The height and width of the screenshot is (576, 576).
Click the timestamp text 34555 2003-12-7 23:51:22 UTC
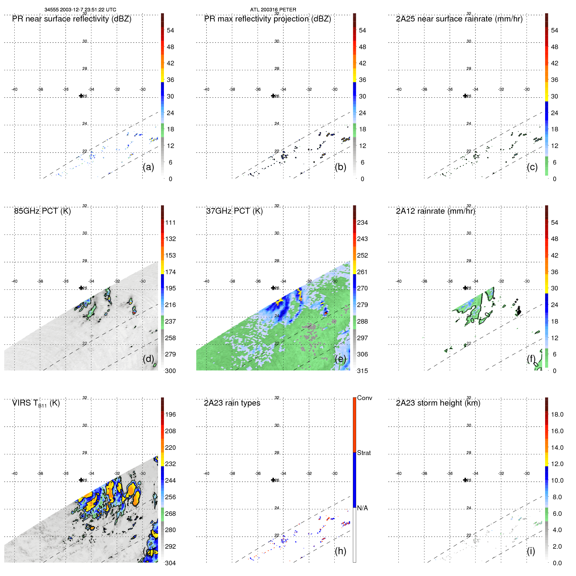click(80, 10)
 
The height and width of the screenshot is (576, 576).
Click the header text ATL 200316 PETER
click(273, 10)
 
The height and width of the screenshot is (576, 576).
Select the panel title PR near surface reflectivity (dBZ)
click(72, 19)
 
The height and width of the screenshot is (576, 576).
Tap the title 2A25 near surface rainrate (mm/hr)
click(459, 19)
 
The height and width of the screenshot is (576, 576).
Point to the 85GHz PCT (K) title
click(42, 211)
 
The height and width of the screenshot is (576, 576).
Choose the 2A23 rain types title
click(232, 403)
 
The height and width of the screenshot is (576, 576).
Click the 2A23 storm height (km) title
click(438, 403)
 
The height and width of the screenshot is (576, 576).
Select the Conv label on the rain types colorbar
click(365, 398)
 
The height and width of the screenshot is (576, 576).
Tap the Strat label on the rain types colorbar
click(364, 453)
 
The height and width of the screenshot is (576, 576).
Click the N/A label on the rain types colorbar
click(362, 508)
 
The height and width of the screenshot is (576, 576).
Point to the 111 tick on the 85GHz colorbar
click(170, 222)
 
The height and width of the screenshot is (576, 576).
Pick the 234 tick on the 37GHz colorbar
click(362, 222)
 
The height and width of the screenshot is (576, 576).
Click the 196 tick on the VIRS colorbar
click(170, 414)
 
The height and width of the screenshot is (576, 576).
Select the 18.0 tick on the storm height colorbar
click(557, 414)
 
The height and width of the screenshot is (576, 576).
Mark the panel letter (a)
click(148, 167)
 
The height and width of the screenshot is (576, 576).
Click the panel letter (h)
click(340, 551)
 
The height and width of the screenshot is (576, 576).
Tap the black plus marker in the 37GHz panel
click(273, 288)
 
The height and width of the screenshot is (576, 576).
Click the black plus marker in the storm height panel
click(465, 480)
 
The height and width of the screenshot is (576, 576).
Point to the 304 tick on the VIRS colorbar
click(170, 563)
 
